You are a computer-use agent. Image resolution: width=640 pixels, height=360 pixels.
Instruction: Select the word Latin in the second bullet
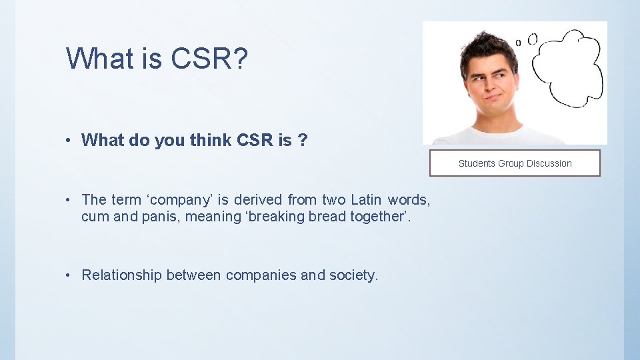point(365,199)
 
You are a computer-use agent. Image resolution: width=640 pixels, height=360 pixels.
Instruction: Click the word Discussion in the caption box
point(549,163)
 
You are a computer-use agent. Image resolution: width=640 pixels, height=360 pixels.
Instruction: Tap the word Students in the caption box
point(477,163)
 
